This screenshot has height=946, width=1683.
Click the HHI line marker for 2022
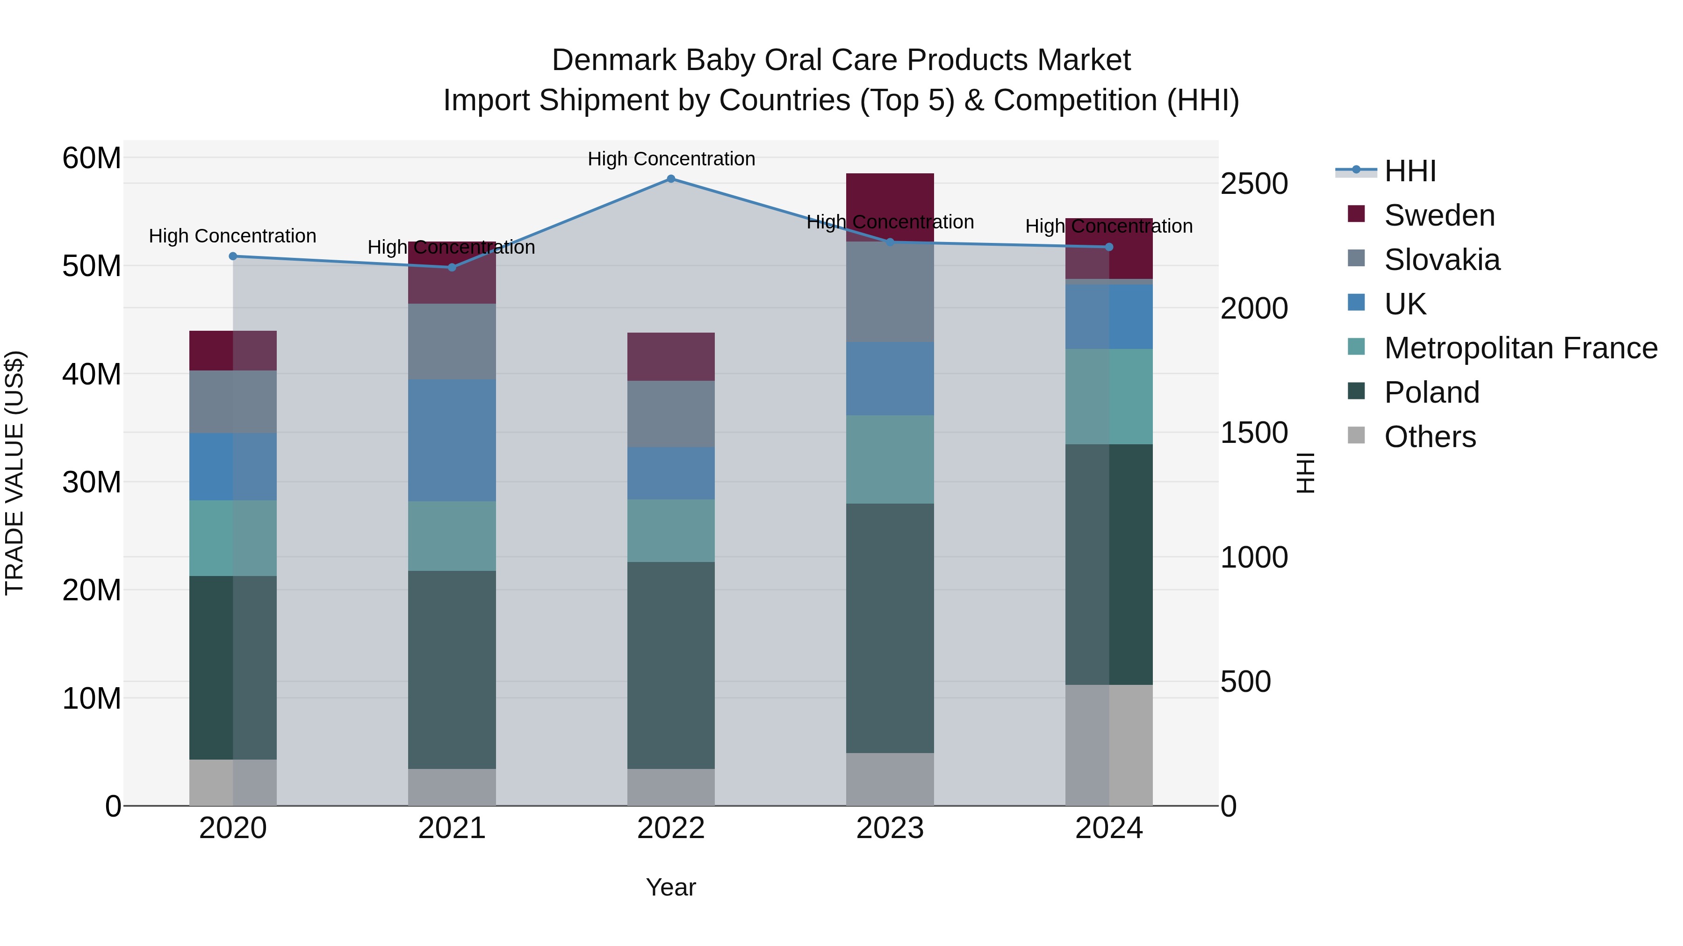tap(670, 179)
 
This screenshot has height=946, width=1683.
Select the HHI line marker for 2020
tap(233, 256)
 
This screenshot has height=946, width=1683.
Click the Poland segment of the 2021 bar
tap(452, 669)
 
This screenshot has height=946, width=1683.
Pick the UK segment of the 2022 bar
tap(670, 473)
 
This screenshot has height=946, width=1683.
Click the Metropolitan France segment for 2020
tap(233, 538)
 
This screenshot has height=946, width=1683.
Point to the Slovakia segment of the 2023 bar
tap(889, 292)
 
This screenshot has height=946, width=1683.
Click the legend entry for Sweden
tap(1438, 215)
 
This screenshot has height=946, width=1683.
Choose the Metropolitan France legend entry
tap(1520, 348)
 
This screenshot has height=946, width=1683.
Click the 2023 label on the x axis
tap(889, 828)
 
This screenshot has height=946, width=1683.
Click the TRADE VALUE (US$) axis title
tap(14, 473)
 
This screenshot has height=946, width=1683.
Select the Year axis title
tap(670, 887)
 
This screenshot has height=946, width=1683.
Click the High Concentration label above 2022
tap(670, 159)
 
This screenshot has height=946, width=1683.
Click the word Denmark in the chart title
tap(613, 60)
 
